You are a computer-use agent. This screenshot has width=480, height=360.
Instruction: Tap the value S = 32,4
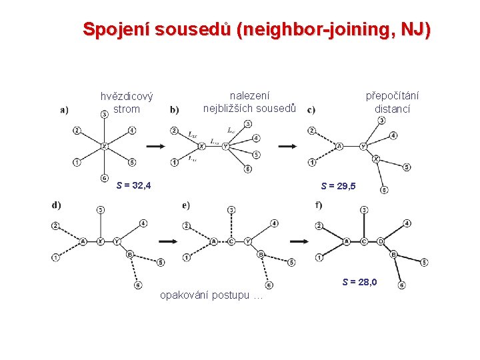(x=133, y=185)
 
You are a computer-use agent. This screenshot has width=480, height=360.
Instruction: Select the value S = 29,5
(x=339, y=186)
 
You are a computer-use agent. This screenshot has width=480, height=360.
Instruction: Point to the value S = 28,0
(x=360, y=282)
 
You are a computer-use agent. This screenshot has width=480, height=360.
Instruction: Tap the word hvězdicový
(x=127, y=97)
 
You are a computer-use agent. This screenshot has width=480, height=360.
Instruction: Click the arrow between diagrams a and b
(x=155, y=146)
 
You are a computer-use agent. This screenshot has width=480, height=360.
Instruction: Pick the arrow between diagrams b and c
(x=287, y=146)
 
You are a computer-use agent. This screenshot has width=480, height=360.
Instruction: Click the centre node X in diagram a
(x=105, y=145)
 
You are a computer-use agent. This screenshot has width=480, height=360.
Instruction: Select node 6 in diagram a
(x=105, y=177)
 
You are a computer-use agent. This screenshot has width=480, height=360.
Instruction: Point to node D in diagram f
(x=381, y=241)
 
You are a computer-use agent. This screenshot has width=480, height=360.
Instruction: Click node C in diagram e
(x=231, y=241)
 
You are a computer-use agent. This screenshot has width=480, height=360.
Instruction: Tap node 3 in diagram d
(x=100, y=210)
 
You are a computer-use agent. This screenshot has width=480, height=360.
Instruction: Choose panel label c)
(x=312, y=111)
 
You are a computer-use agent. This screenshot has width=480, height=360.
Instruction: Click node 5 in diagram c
(x=407, y=167)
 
